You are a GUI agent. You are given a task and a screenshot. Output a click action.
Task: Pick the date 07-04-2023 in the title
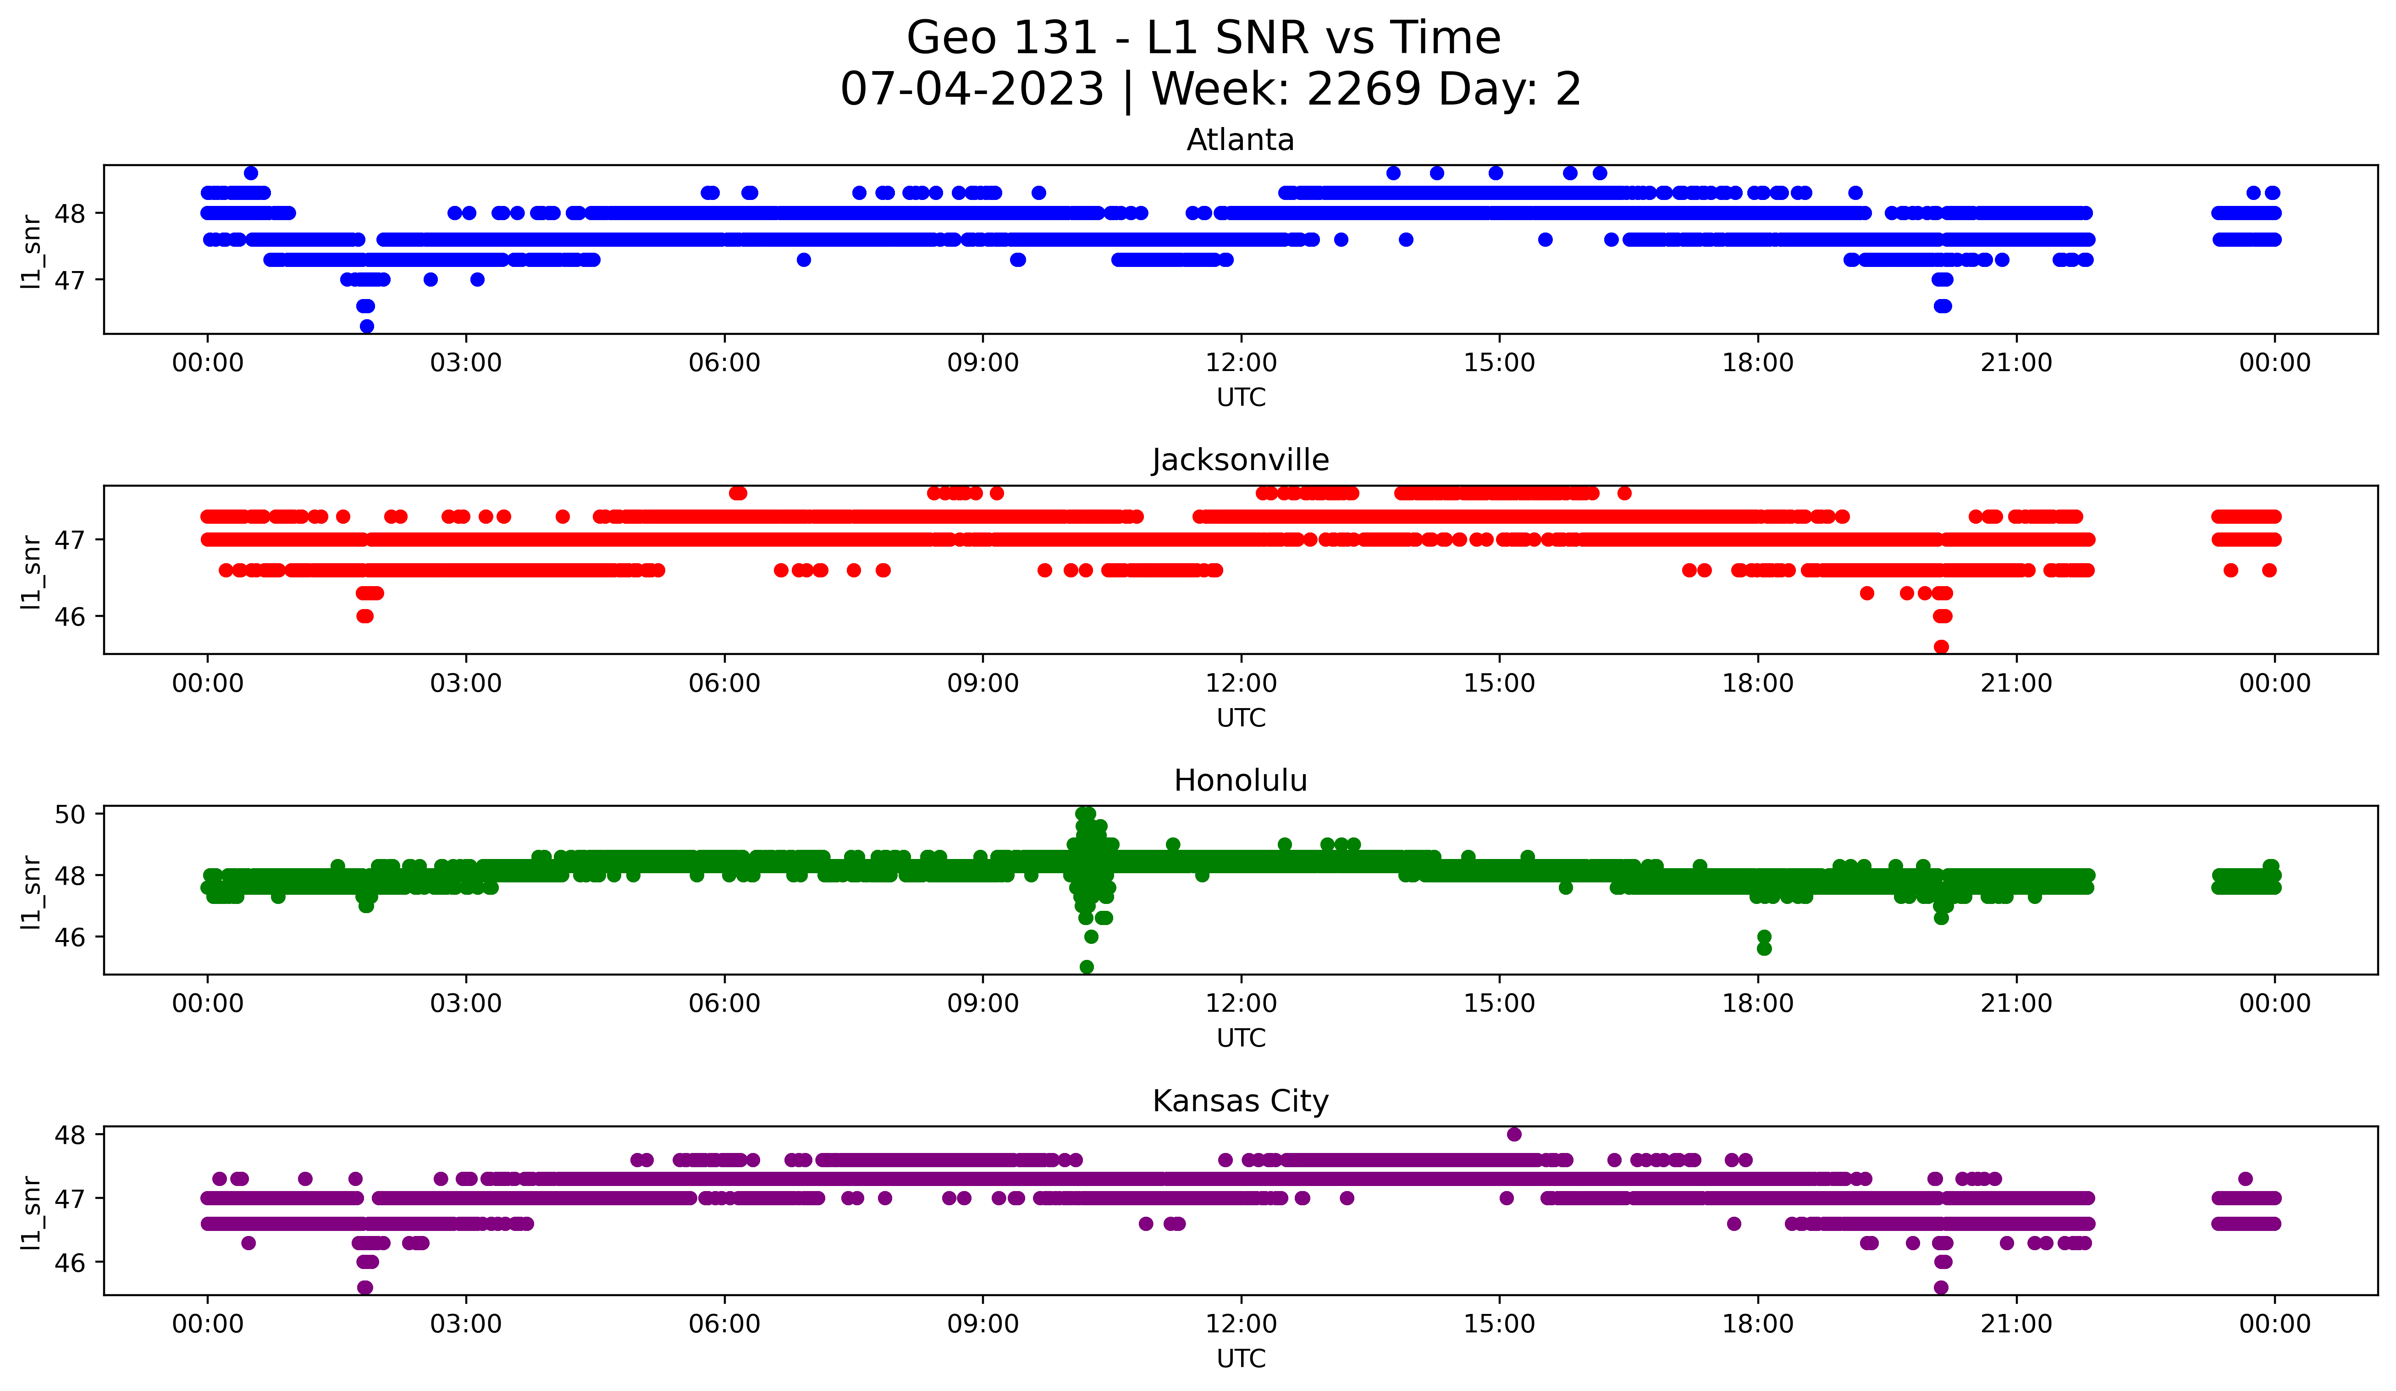click(x=972, y=89)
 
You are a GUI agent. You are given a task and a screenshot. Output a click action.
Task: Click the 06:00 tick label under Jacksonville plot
click(x=724, y=683)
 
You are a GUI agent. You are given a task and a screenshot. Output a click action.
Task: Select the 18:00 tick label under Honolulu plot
click(x=1758, y=1003)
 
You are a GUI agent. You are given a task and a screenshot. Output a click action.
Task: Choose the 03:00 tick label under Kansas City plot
click(x=466, y=1324)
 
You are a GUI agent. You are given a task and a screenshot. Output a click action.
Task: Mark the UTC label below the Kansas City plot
click(x=1241, y=1359)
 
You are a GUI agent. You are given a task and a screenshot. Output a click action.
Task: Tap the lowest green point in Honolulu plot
click(x=1087, y=967)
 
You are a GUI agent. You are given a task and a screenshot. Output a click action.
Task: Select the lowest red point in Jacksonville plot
click(x=1942, y=647)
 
